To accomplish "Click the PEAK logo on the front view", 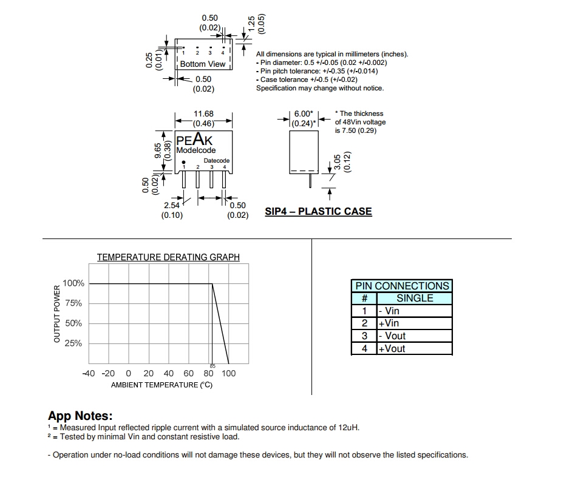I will pyautogui.click(x=194, y=140).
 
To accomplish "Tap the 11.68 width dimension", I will pyautogui.click(x=203, y=113).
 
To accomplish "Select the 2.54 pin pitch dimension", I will pyautogui.click(x=172, y=206).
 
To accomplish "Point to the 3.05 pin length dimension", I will pyautogui.click(x=338, y=163).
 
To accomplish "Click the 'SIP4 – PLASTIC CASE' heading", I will pyautogui.click(x=318, y=212).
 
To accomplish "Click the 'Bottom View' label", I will pyautogui.click(x=202, y=64).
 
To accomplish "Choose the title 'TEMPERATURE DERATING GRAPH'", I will pyautogui.click(x=168, y=257).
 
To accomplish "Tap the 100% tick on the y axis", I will pyautogui.click(x=73, y=283).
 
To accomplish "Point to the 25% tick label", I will pyautogui.click(x=73, y=343).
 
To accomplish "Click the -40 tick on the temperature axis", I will pyautogui.click(x=89, y=373).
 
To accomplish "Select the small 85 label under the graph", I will pyautogui.click(x=212, y=366).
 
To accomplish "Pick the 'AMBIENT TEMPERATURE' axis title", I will pyautogui.click(x=161, y=385).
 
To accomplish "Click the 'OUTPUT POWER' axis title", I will pyautogui.click(x=57, y=314).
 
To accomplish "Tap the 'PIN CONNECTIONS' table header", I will pyautogui.click(x=402, y=286).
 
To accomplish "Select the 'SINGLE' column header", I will pyautogui.click(x=415, y=298).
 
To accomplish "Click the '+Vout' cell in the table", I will pyautogui.click(x=392, y=349).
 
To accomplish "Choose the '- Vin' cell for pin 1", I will pyautogui.click(x=389, y=311).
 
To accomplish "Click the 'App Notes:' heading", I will pyautogui.click(x=80, y=416).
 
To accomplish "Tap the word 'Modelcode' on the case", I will pyautogui.click(x=195, y=150).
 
